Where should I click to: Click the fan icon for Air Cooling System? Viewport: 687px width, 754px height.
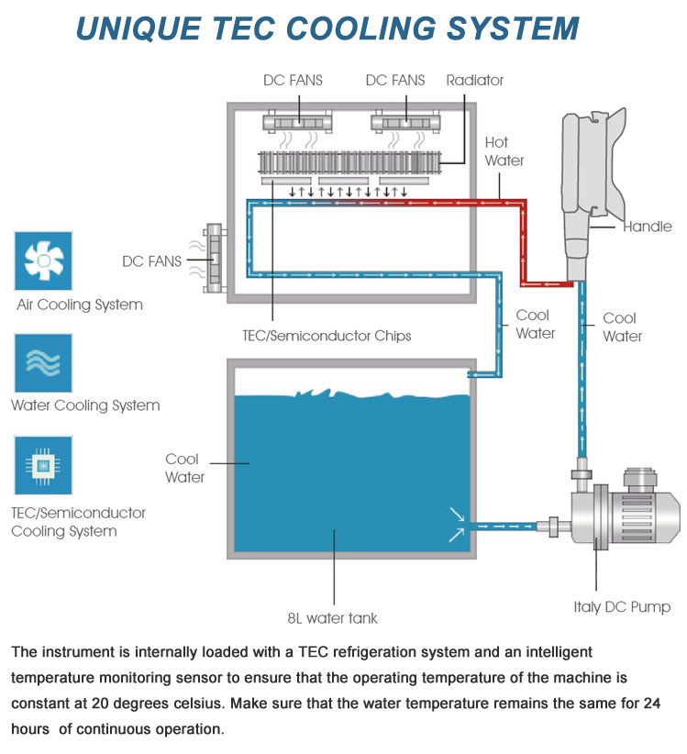[43, 261]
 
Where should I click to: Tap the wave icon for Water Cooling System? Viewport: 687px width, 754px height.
[43, 363]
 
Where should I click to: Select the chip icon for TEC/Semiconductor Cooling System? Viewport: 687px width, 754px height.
[43, 466]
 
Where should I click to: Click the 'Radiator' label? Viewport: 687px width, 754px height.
[474, 81]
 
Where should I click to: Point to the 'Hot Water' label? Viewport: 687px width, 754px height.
[504, 151]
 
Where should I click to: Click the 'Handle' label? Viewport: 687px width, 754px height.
[647, 227]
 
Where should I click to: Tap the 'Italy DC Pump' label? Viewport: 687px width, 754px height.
[622, 607]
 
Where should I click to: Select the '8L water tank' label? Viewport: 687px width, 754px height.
[336, 618]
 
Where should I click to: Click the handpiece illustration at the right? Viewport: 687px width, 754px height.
[593, 183]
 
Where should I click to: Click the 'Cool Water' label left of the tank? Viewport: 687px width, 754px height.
[184, 468]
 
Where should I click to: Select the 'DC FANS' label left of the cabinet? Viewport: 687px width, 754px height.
[152, 261]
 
